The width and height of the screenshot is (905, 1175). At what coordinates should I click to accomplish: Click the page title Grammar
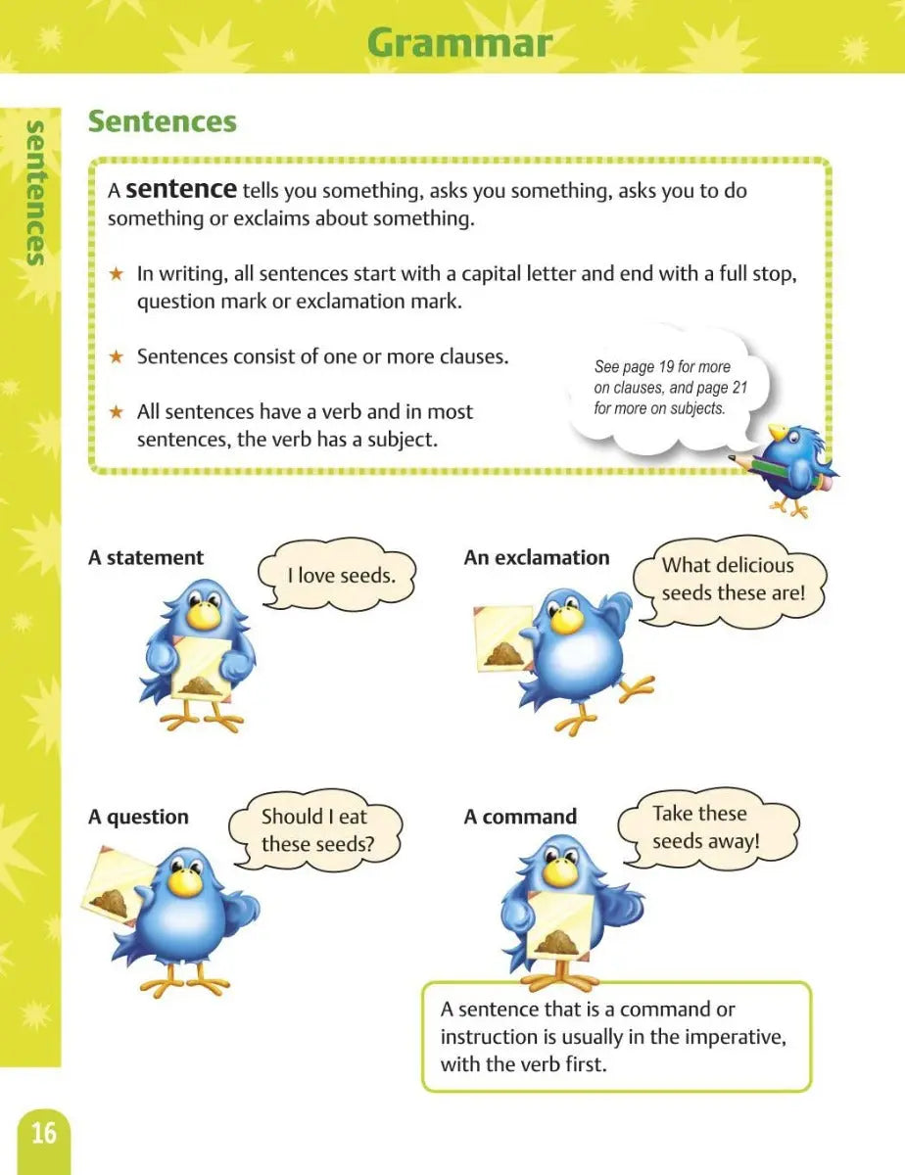click(458, 44)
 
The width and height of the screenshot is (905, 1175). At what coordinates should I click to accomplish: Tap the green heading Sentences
click(162, 122)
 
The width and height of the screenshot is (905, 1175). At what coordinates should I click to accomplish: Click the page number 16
click(44, 1134)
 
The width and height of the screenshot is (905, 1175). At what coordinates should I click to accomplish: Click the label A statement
click(146, 558)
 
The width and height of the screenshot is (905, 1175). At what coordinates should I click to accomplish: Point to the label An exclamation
click(537, 558)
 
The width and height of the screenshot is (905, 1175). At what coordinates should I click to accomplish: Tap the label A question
click(138, 817)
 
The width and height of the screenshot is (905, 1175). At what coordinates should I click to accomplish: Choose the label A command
click(520, 817)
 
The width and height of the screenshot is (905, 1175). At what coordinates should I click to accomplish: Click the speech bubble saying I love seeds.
click(340, 576)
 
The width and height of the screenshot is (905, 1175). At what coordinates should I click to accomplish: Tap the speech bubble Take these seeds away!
click(699, 827)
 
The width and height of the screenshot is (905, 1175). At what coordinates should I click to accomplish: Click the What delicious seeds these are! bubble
click(729, 579)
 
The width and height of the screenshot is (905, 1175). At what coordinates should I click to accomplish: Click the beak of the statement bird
click(203, 618)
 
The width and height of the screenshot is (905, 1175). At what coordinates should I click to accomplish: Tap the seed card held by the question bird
click(115, 891)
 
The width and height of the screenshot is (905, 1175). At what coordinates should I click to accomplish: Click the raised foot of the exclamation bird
click(637, 685)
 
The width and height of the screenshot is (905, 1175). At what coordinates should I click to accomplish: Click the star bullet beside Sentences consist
click(117, 357)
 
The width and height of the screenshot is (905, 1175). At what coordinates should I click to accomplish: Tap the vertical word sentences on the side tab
click(34, 193)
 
